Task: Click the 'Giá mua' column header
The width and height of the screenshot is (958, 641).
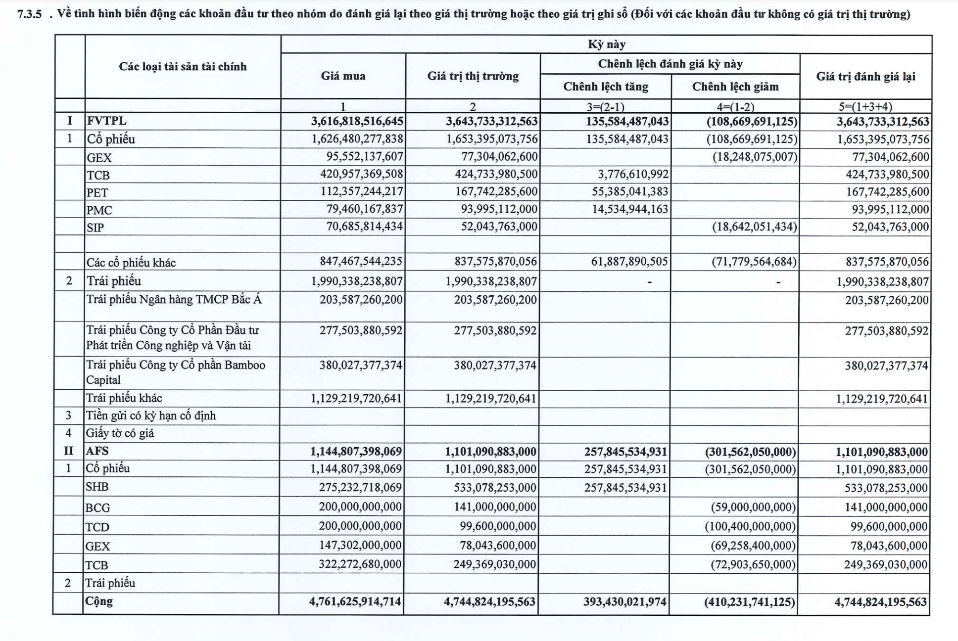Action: click(343, 76)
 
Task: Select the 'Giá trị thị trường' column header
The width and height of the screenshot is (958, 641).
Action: click(473, 76)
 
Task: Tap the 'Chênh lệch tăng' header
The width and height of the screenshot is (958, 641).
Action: click(605, 87)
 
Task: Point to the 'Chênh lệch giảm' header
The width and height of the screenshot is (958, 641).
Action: click(735, 87)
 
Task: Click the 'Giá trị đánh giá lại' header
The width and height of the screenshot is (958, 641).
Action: click(865, 76)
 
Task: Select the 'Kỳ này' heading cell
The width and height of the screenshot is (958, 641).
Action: click(606, 45)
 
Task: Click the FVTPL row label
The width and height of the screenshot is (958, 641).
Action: click(106, 121)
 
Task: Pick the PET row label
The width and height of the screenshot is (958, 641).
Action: click(97, 192)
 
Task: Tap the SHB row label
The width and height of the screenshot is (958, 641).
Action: click(97, 487)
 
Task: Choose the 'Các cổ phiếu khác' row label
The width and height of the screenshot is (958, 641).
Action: click(131, 262)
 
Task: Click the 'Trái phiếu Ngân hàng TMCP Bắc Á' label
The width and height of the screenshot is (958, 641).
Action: click(174, 299)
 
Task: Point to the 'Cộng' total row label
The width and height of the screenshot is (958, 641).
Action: click(99, 601)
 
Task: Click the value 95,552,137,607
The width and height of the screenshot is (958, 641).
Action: click(365, 157)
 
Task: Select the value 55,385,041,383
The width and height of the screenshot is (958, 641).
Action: click(630, 192)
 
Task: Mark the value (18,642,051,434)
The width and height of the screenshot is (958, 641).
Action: click(754, 227)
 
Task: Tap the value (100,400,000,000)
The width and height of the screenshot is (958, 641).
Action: click(750, 526)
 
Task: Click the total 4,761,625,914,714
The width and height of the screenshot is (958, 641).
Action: click(355, 602)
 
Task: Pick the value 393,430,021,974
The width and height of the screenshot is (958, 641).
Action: click(625, 602)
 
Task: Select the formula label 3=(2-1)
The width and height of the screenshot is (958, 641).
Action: click(605, 106)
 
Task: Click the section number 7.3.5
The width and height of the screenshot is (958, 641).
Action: click(29, 14)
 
